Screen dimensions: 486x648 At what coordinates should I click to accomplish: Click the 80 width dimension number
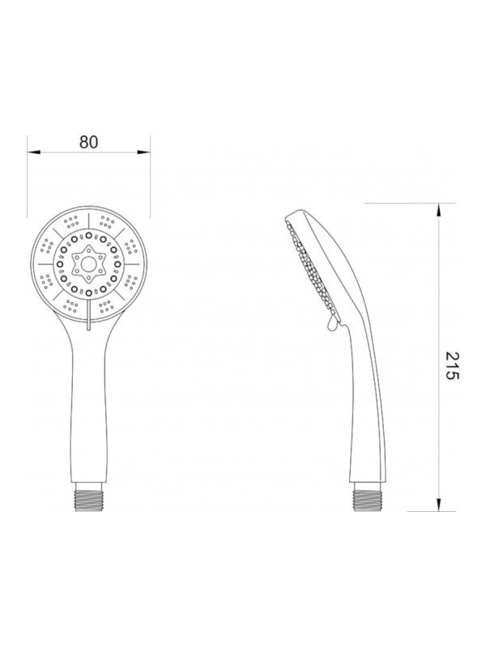click(x=88, y=142)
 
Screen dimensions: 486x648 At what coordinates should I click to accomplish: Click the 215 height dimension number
click(x=453, y=366)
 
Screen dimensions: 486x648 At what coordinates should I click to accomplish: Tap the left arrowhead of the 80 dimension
click(x=34, y=152)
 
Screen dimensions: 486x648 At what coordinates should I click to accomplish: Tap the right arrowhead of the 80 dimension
click(x=143, y=152)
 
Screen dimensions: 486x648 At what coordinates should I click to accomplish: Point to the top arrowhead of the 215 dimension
click(x=439, y=210)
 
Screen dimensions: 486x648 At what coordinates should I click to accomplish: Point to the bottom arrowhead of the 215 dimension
click(x=439, y=504)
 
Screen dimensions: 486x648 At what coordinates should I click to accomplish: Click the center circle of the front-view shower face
click(x=88, y=264)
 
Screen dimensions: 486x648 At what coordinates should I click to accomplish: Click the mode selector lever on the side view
click(x=332, y=324)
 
